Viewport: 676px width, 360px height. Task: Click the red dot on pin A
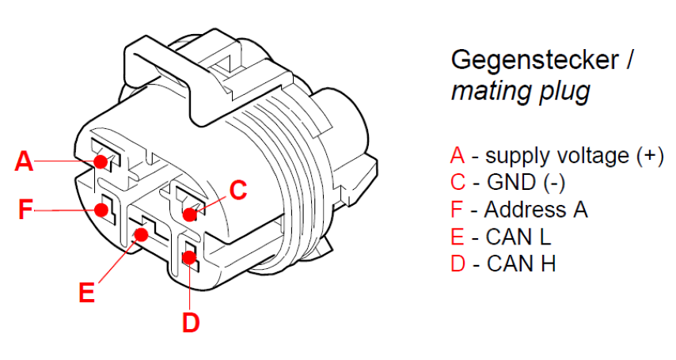(101, 161)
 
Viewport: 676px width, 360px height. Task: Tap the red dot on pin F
(101, 210)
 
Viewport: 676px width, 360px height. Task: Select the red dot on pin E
(142, 234)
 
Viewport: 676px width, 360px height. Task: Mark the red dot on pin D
(190, 257)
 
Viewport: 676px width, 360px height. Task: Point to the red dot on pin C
(190, 214)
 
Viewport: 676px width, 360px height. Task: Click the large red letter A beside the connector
(25, 161)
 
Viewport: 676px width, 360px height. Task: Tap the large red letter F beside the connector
(26, 210)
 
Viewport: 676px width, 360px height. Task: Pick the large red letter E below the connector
(87, 293)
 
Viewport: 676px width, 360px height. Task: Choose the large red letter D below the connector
(191, 323)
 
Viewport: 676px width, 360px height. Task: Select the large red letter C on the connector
(237, 190)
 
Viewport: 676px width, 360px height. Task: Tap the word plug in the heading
(562, 91)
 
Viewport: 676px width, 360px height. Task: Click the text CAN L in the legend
(518, 236)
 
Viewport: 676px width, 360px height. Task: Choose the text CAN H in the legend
(521, 263)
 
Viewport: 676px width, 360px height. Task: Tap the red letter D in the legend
(458, 263)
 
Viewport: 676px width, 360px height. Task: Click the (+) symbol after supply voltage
(650, 155)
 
